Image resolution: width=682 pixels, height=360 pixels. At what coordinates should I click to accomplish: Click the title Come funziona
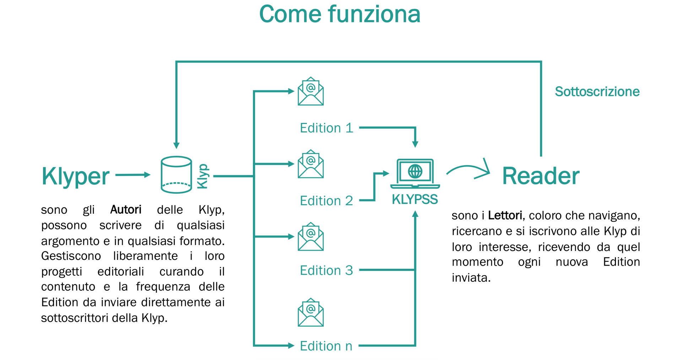(x=340, y=14)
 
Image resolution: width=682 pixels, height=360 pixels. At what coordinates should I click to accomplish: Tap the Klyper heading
(x=75, y=176)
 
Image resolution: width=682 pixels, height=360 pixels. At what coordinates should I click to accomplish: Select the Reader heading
(x=540, y=176)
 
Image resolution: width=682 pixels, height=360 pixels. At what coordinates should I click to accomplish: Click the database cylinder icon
(x=176, y=175)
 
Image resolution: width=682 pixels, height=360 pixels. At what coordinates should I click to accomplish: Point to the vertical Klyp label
(x=203, y=176)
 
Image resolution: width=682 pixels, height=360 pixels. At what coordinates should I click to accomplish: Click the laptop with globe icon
(x=415, y=173)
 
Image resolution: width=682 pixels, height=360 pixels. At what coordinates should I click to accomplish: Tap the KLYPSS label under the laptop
(x=415, y=200)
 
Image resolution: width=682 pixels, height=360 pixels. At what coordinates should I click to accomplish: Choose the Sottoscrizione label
(x=597, y=92)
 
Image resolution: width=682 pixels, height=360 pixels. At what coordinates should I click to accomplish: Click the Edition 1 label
(x=326, y=128)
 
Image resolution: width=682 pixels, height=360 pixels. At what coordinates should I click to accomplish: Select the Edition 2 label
(x=326, y=201)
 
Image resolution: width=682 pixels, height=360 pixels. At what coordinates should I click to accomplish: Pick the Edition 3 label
(x=326, y=271)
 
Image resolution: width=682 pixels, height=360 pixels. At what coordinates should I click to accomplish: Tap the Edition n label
(x=326, y=346)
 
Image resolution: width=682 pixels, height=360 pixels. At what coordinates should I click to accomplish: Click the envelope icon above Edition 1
(x=310, y=92)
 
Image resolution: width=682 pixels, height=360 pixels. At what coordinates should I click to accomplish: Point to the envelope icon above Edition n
(x=310, y=312)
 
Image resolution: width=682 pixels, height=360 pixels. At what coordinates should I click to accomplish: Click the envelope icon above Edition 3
(x=310, y=237)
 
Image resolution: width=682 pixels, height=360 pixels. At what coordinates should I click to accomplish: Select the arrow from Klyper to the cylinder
(x=132, y=175)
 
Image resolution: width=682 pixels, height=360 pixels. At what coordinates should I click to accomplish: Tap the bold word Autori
(x=126, y=210)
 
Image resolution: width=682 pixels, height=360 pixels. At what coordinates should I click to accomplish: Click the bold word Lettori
(x=505, y=216)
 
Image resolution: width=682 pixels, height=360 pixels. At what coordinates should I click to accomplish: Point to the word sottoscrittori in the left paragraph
(x=75, y=318)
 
